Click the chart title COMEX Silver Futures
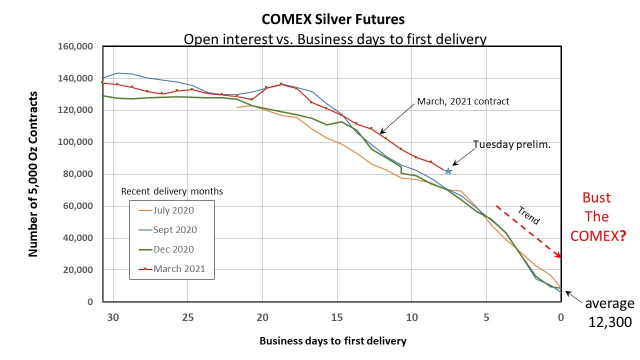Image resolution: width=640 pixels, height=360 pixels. (x=333, y=19)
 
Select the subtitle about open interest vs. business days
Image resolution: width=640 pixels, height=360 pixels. (x=334, y=39)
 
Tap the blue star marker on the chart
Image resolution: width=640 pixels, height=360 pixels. (x=448, y=171)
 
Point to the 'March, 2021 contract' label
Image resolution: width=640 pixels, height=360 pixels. (x=463, y=101)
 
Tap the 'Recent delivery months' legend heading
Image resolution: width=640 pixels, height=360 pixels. (x=172, y=191)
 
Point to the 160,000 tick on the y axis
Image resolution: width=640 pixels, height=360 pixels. (x=76, y=47)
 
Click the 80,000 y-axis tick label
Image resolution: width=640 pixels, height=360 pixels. (x=78, y=174)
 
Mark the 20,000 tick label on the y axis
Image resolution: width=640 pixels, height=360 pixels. (x=78, y=270)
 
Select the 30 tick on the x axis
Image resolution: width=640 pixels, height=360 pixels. (x=114, y=317)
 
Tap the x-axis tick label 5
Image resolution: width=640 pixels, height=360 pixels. (x=486, y=317)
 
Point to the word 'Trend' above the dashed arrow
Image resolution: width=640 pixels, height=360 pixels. (x=528, y=215)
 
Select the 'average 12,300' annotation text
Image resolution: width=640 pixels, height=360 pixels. (x=609, y=313)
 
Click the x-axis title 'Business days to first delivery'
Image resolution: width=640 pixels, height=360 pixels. (x=333, y=341)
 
